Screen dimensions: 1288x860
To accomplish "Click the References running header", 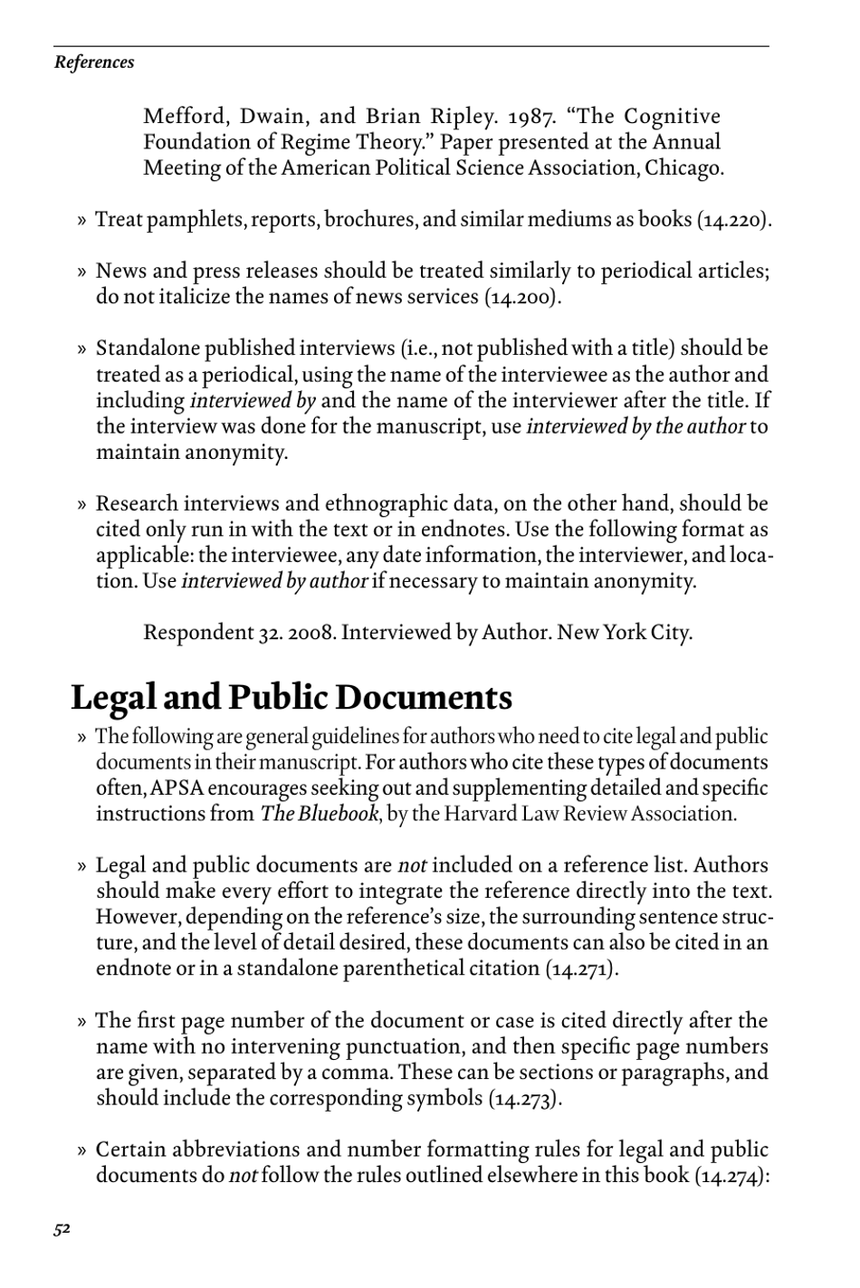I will pos(94,62).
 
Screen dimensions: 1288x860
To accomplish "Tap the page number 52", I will pos(62,1228).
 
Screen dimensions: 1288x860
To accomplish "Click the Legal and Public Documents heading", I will pos(291,698).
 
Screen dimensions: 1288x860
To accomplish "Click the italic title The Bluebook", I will pos(319,814).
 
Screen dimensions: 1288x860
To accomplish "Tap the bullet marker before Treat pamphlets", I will pos(81,221).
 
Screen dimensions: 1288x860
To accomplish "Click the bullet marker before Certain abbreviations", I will pos(81,1151).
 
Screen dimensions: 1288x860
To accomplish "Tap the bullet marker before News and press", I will pos(81,272).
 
